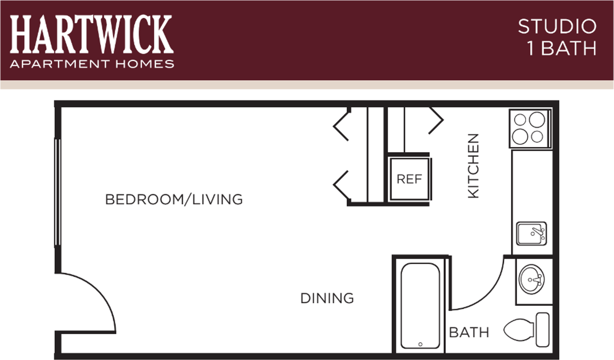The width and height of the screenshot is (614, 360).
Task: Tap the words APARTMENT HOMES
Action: coord(92,64)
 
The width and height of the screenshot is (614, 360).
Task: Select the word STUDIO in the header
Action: coord(557,27)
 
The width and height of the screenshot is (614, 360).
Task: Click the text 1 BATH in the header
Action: coord(562,49)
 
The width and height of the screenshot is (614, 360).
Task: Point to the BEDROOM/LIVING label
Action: coord(174,199)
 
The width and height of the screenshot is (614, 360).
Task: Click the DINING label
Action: coord(327,298)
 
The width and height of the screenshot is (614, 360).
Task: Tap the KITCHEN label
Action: coord(473,166)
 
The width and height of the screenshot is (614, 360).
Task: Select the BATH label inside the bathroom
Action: coord(469,332)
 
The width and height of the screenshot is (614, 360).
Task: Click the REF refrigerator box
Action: coord(409,179)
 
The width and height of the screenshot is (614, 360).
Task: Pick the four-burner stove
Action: coord(530,128)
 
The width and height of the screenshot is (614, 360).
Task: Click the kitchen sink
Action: coord(531,234)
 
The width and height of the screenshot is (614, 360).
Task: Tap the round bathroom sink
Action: coord(531,279)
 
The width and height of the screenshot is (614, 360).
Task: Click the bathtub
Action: coord(420,306)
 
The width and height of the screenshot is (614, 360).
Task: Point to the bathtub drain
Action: coord(420,344)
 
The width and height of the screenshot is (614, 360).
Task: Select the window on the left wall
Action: coord(58,192)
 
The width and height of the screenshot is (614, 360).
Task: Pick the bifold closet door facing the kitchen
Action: coord(436,120)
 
